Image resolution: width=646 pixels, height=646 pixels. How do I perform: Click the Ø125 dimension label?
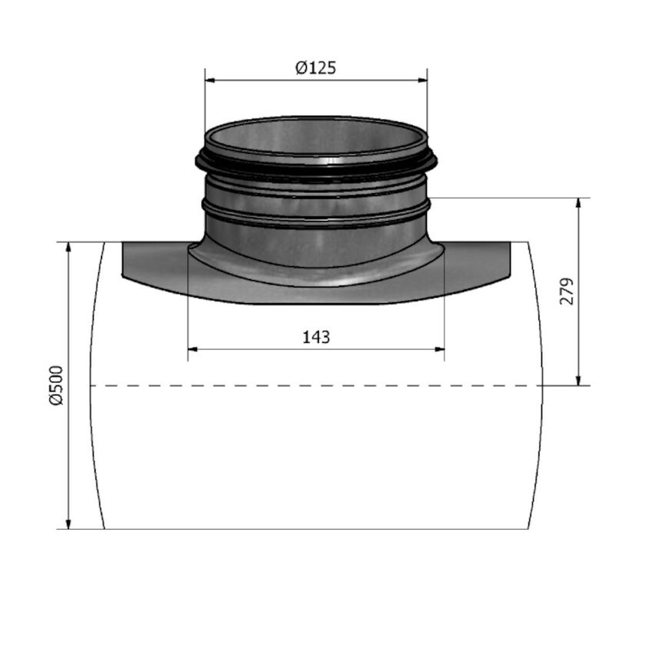315,68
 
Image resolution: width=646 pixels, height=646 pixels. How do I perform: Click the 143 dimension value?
316,337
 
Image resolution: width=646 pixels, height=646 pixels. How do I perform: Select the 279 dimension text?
567,291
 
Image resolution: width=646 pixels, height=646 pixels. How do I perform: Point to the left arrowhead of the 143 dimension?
193,349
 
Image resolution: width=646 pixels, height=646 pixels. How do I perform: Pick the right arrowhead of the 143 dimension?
440,349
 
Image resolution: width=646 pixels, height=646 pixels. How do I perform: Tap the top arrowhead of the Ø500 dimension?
69,247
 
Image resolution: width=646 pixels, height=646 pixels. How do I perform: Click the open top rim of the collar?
316,122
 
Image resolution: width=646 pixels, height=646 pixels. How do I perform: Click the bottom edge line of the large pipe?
316,529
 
